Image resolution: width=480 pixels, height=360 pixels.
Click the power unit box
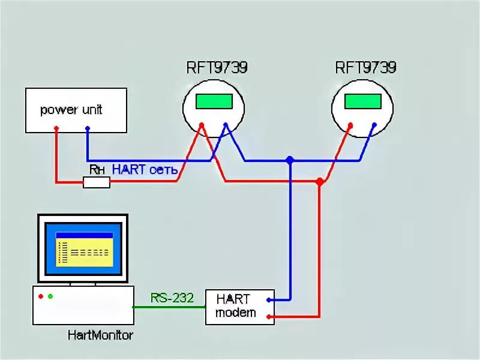tap(76, 110)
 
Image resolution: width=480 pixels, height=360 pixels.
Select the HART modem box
tap(239, 307)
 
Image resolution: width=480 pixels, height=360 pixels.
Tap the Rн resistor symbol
tap(96, 182)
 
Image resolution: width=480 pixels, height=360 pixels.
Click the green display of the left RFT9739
tap(214, 100)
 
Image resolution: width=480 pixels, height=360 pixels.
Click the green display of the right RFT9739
tap(363, 100)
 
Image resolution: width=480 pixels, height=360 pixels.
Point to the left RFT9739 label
tap(216, 67)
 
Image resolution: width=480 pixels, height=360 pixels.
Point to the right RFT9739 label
tap(365, 67)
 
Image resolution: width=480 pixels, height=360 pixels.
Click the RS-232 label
tap(172, 298)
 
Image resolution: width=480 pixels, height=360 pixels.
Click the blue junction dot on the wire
tap(290, 160)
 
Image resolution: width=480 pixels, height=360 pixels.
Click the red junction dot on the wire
tap(320, 181)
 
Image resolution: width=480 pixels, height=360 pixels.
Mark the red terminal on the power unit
tap(56, 128)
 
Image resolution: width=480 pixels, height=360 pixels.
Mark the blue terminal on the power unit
tap(88, 128)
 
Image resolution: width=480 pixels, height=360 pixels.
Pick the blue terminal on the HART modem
tap(269, 299)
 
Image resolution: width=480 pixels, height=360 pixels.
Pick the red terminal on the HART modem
tap(269, 316)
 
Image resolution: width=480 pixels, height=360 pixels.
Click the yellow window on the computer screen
tap(83, 252)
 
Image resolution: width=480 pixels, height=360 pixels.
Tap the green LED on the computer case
tap(50, 296)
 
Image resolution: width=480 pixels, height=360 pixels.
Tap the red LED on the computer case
tap(40, 296)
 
